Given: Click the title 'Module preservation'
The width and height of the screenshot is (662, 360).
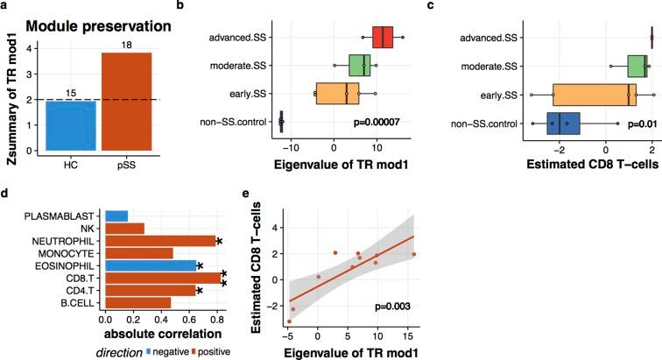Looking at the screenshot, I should (x=97, y=25).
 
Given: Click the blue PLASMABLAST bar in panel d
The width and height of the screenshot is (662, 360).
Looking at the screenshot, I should (x=116, y=215).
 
